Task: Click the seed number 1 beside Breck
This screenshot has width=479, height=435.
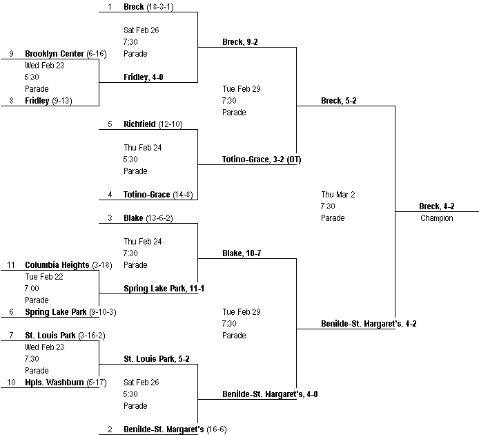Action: coord(109,7)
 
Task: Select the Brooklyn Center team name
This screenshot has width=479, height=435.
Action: coord(55,54)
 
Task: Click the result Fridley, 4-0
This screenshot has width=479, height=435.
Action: coord(144,77)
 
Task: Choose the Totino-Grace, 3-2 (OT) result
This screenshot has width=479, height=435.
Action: coord(262,159)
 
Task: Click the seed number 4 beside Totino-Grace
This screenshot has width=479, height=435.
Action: coord(109,195)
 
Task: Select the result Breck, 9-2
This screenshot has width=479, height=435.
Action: coord(240,42)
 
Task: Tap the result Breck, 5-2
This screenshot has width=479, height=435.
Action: coord(339,101)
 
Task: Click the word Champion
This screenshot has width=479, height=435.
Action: coord(436,218)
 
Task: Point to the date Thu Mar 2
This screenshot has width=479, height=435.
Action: coord(338,195)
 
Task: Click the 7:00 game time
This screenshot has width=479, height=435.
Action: coord(32,289)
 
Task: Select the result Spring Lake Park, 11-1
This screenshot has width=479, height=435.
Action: coord(164,289)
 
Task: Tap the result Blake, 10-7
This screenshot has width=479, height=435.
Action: coord(242,253)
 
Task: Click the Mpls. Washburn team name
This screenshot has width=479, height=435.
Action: coord(55,383)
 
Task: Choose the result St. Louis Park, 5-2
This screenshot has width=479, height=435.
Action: coord(157,359)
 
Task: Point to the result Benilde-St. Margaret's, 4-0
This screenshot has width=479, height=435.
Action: coord(270,394)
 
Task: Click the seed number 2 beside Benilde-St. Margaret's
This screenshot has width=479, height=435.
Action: coord(109,429)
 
